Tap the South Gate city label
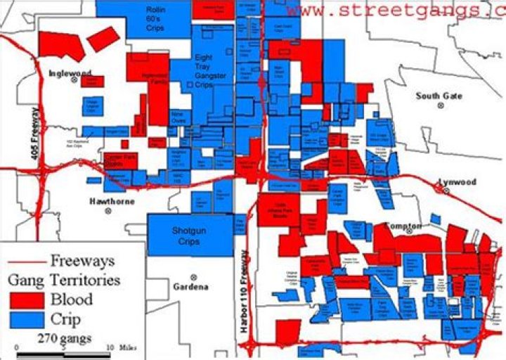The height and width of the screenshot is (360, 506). click(439, 96)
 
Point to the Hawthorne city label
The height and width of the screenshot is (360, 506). click(111, 201)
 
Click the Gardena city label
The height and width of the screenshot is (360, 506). click(190, 287)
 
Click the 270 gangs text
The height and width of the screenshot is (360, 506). click(65, 338)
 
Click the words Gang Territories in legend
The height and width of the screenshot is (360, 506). click(63, 280)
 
